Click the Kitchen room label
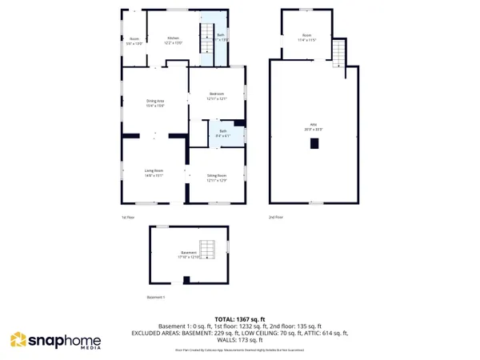(x=172, y=38)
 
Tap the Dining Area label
(x=155, y=100)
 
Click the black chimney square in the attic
(x=315, y=143)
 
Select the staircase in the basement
(x=207, y=249)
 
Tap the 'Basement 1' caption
(x=155, y=297)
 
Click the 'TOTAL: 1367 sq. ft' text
(x=239, y=319)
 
